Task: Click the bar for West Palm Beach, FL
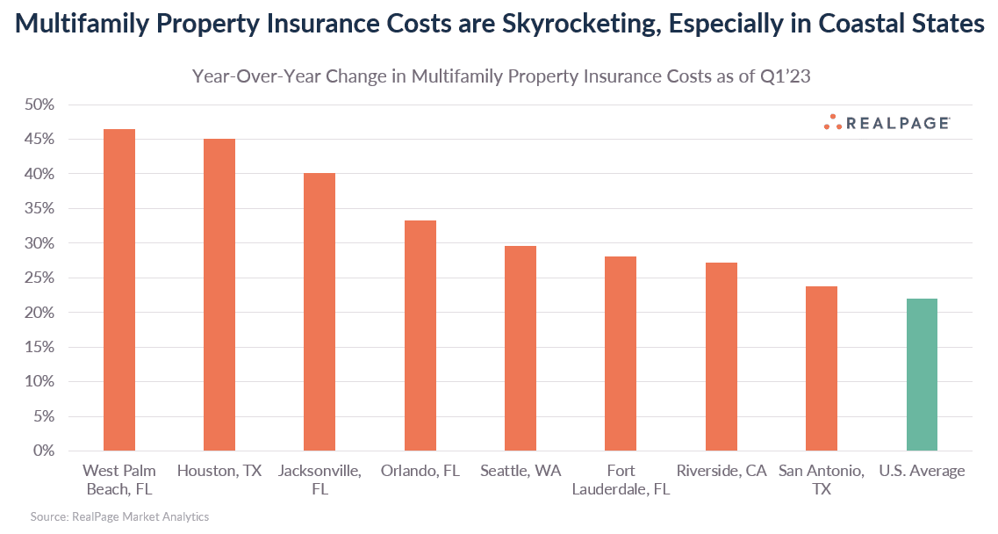(x=119, y=290)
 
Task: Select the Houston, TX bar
(x=219, y=294)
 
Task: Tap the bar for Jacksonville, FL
(x=320, y=312)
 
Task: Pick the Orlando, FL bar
(x=420, y=336)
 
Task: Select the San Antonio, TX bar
(x=822, y=368)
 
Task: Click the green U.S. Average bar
(x=922, y=374)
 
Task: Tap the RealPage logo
(x=887, y=123)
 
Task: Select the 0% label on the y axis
(x=41, y=451)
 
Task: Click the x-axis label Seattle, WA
(x=521, y=471)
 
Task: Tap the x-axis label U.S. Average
(x=922, y=471)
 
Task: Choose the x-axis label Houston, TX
(x=219, y=471)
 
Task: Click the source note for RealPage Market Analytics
(x=119, y=517)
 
